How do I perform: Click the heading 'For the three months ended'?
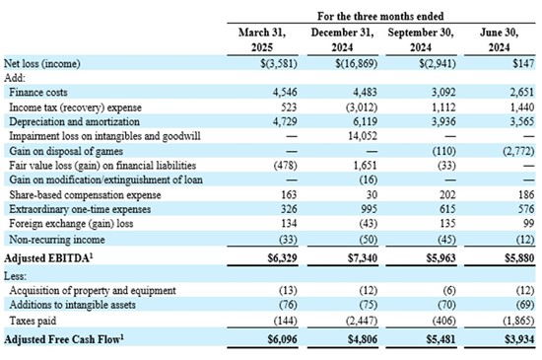(380, 16)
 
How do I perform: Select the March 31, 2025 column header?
(262, 39)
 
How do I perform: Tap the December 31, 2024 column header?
(342, 39)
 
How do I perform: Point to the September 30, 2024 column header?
(421, 39)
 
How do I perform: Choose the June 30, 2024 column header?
(500, 39)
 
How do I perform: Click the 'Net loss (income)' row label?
(41, 64)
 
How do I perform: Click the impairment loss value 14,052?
(363, 136)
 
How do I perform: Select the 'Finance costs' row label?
(38, 93)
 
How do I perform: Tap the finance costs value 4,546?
(285, 93)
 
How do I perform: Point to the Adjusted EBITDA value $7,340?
(363, 258)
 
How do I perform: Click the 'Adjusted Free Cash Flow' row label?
(64, 339)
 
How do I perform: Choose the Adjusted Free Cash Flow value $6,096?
(283, 339)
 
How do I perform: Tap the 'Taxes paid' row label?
(33, 321)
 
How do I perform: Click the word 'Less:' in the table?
(15, 276)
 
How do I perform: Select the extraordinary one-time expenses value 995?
(370, 209)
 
